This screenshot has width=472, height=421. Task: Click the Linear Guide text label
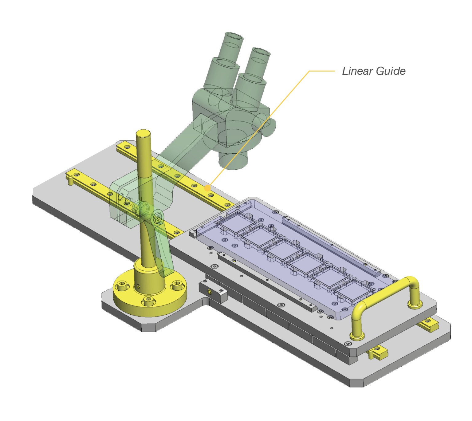(374, 71)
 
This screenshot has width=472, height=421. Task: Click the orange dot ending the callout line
(208, 188)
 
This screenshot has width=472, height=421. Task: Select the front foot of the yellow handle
(357, 336)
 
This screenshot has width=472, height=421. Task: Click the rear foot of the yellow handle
(415, 304)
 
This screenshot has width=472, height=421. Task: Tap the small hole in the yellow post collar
(138, 286)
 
